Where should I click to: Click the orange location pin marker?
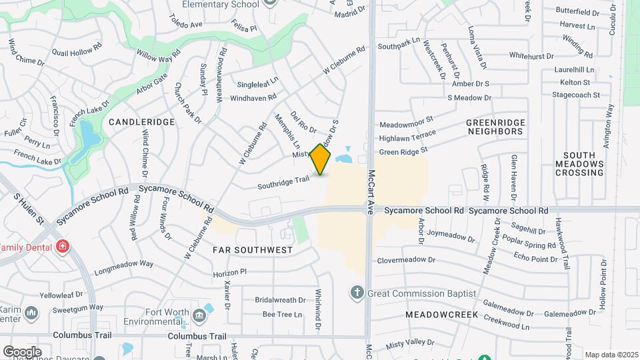(321, 159)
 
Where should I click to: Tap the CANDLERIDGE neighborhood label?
(141, 122)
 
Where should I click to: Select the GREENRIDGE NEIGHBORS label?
(495, 127)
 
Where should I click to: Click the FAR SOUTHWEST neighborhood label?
(253, 250)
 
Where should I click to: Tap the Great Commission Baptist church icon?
(357, 293)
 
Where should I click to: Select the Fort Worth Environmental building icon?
(199, 315)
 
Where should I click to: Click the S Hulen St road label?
(28, 208)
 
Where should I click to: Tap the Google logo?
(22, 351)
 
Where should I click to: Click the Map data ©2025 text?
(610, 355)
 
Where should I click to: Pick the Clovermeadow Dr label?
(407, 260)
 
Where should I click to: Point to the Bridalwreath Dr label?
(280, 300)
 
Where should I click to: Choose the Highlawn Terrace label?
(407, 138)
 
